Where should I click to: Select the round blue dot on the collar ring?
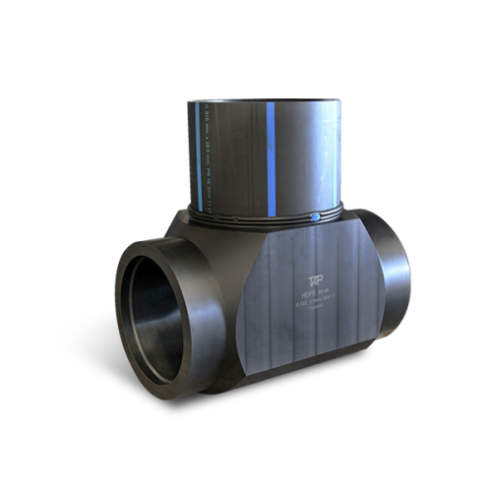pos(314,215)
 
